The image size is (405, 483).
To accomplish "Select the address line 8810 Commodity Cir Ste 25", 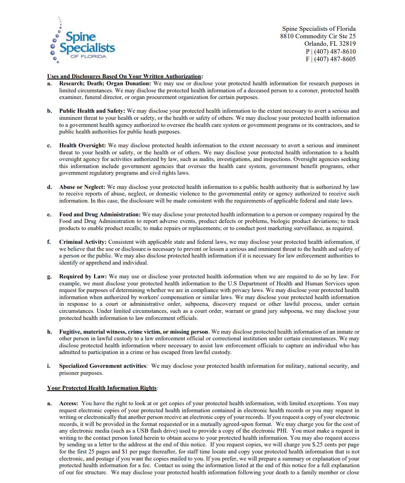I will [318, 37].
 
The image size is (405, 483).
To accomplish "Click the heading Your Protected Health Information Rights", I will [102, 388].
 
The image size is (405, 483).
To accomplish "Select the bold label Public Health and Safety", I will [92, 111].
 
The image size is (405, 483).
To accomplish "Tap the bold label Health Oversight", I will [82, 146].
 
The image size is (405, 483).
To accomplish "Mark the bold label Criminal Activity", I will [83, 242].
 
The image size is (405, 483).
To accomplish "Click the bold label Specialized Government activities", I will [102, 366].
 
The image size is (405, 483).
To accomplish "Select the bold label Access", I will [69, 404].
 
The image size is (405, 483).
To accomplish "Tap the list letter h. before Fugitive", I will [49, 332].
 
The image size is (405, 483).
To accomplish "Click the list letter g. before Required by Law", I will [49, 277].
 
